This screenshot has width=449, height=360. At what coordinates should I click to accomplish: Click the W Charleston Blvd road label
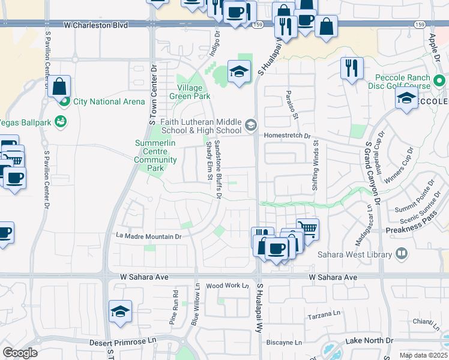(95, 25)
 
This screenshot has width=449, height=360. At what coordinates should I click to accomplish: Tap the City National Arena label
(109, 101)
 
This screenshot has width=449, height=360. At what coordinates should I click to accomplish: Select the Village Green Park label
(190, 92)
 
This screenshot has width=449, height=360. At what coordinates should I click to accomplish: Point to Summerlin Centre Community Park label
(155, 156)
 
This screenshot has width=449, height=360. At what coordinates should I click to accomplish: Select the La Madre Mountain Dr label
(148, 236)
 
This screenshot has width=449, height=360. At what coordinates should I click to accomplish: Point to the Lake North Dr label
(369, 340)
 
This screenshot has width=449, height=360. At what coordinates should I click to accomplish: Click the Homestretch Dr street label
(287, 136)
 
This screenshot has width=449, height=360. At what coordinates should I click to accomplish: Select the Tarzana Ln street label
(324, 314)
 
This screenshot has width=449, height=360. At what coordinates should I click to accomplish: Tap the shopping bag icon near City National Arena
(59, 86)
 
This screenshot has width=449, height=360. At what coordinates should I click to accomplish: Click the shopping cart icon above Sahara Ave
(307, 227)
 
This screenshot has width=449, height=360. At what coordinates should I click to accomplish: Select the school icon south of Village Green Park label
(239, 73)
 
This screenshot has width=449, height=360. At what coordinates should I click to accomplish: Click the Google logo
(20, 353)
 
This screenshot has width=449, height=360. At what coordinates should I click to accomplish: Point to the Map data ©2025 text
(423, 355)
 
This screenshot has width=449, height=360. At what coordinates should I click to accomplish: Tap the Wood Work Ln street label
(227, 286)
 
